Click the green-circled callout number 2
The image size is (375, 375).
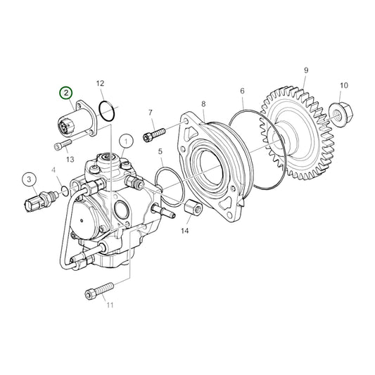point(65,93)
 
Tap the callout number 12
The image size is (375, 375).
point(100,83)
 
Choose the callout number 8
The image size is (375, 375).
point(203,104)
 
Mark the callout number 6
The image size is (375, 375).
point(242,91)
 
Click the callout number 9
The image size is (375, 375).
point(306,70)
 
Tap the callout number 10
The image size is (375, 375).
point(344,86)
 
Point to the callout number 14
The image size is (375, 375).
point(185,231)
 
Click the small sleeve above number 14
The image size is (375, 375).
point(191,208)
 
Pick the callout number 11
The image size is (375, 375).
point(109,305)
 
